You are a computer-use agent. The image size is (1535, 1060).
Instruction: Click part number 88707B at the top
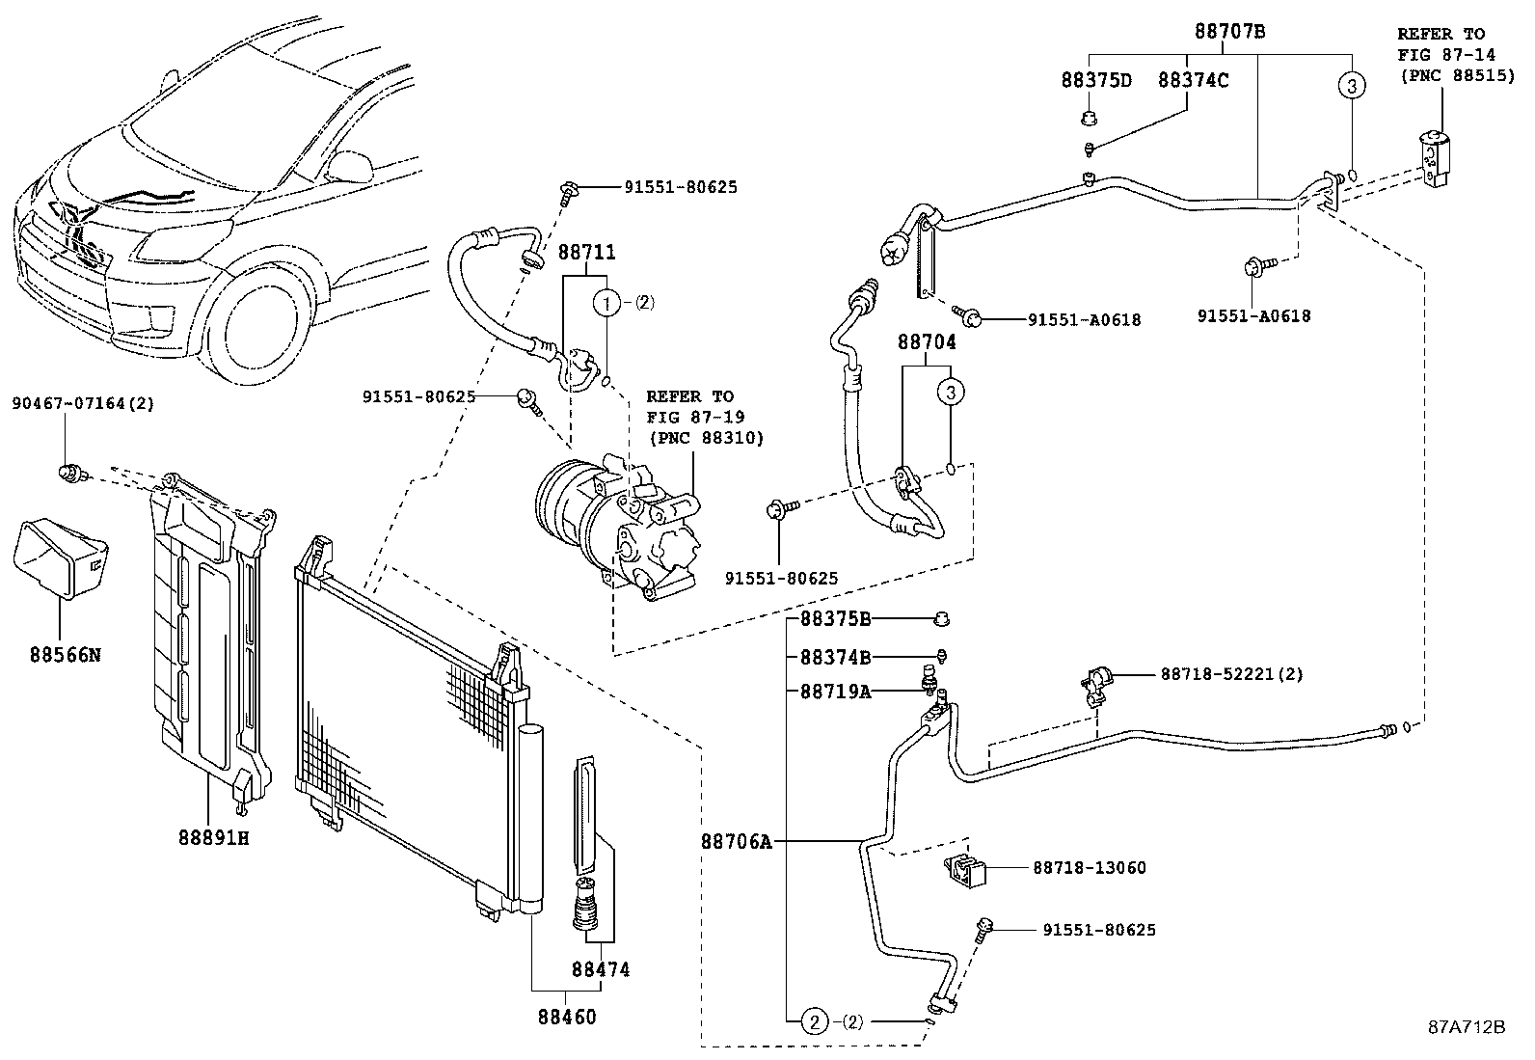1229,31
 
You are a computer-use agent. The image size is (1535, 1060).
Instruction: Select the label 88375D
1096,80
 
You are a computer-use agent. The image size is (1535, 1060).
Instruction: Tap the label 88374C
1193,80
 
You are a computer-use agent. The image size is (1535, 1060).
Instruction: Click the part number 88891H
213,837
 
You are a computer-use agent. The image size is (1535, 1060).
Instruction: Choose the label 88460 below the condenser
566,1017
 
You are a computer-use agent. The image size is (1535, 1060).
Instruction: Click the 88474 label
600,969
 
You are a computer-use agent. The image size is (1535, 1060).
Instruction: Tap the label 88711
586,253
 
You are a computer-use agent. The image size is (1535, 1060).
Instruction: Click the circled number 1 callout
606,303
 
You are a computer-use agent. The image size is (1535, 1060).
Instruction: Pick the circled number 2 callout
815,1020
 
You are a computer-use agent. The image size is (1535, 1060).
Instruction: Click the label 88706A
737,842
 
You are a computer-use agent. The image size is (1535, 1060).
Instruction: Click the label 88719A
835,691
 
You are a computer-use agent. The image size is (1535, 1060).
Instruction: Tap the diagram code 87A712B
1467,1026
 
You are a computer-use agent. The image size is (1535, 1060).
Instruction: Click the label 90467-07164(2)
82,404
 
